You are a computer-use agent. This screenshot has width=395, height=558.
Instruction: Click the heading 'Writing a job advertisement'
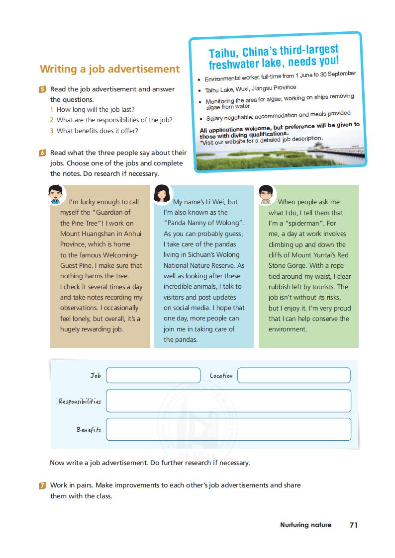point(109,69)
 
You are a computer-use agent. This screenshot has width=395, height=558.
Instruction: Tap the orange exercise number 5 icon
point(43,89)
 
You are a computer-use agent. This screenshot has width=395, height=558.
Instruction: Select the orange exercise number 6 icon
point(43,153)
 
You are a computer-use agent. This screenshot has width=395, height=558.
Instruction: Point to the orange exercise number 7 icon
point(43,485)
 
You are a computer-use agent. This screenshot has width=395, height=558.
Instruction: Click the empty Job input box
point(153,376)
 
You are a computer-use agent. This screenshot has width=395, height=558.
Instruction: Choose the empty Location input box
point(294,376)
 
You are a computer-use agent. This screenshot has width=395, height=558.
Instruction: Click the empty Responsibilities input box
point(228,401)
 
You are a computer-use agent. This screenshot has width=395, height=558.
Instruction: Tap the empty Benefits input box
point(228,429)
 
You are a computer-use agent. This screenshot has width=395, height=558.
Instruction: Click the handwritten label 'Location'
point(221,376)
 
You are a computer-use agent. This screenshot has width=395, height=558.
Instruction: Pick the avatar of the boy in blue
point(55,195)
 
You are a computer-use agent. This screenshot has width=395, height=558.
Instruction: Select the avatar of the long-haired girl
point(162,194)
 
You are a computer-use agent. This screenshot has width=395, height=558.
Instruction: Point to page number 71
point(354,525)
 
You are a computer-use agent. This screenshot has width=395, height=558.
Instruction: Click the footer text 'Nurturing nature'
point(305,525)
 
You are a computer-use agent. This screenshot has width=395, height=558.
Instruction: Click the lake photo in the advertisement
point(279,152)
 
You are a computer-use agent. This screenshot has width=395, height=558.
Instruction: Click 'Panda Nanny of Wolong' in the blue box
point(203,223)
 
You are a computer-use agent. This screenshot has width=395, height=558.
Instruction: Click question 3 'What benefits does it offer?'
point(97,131)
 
